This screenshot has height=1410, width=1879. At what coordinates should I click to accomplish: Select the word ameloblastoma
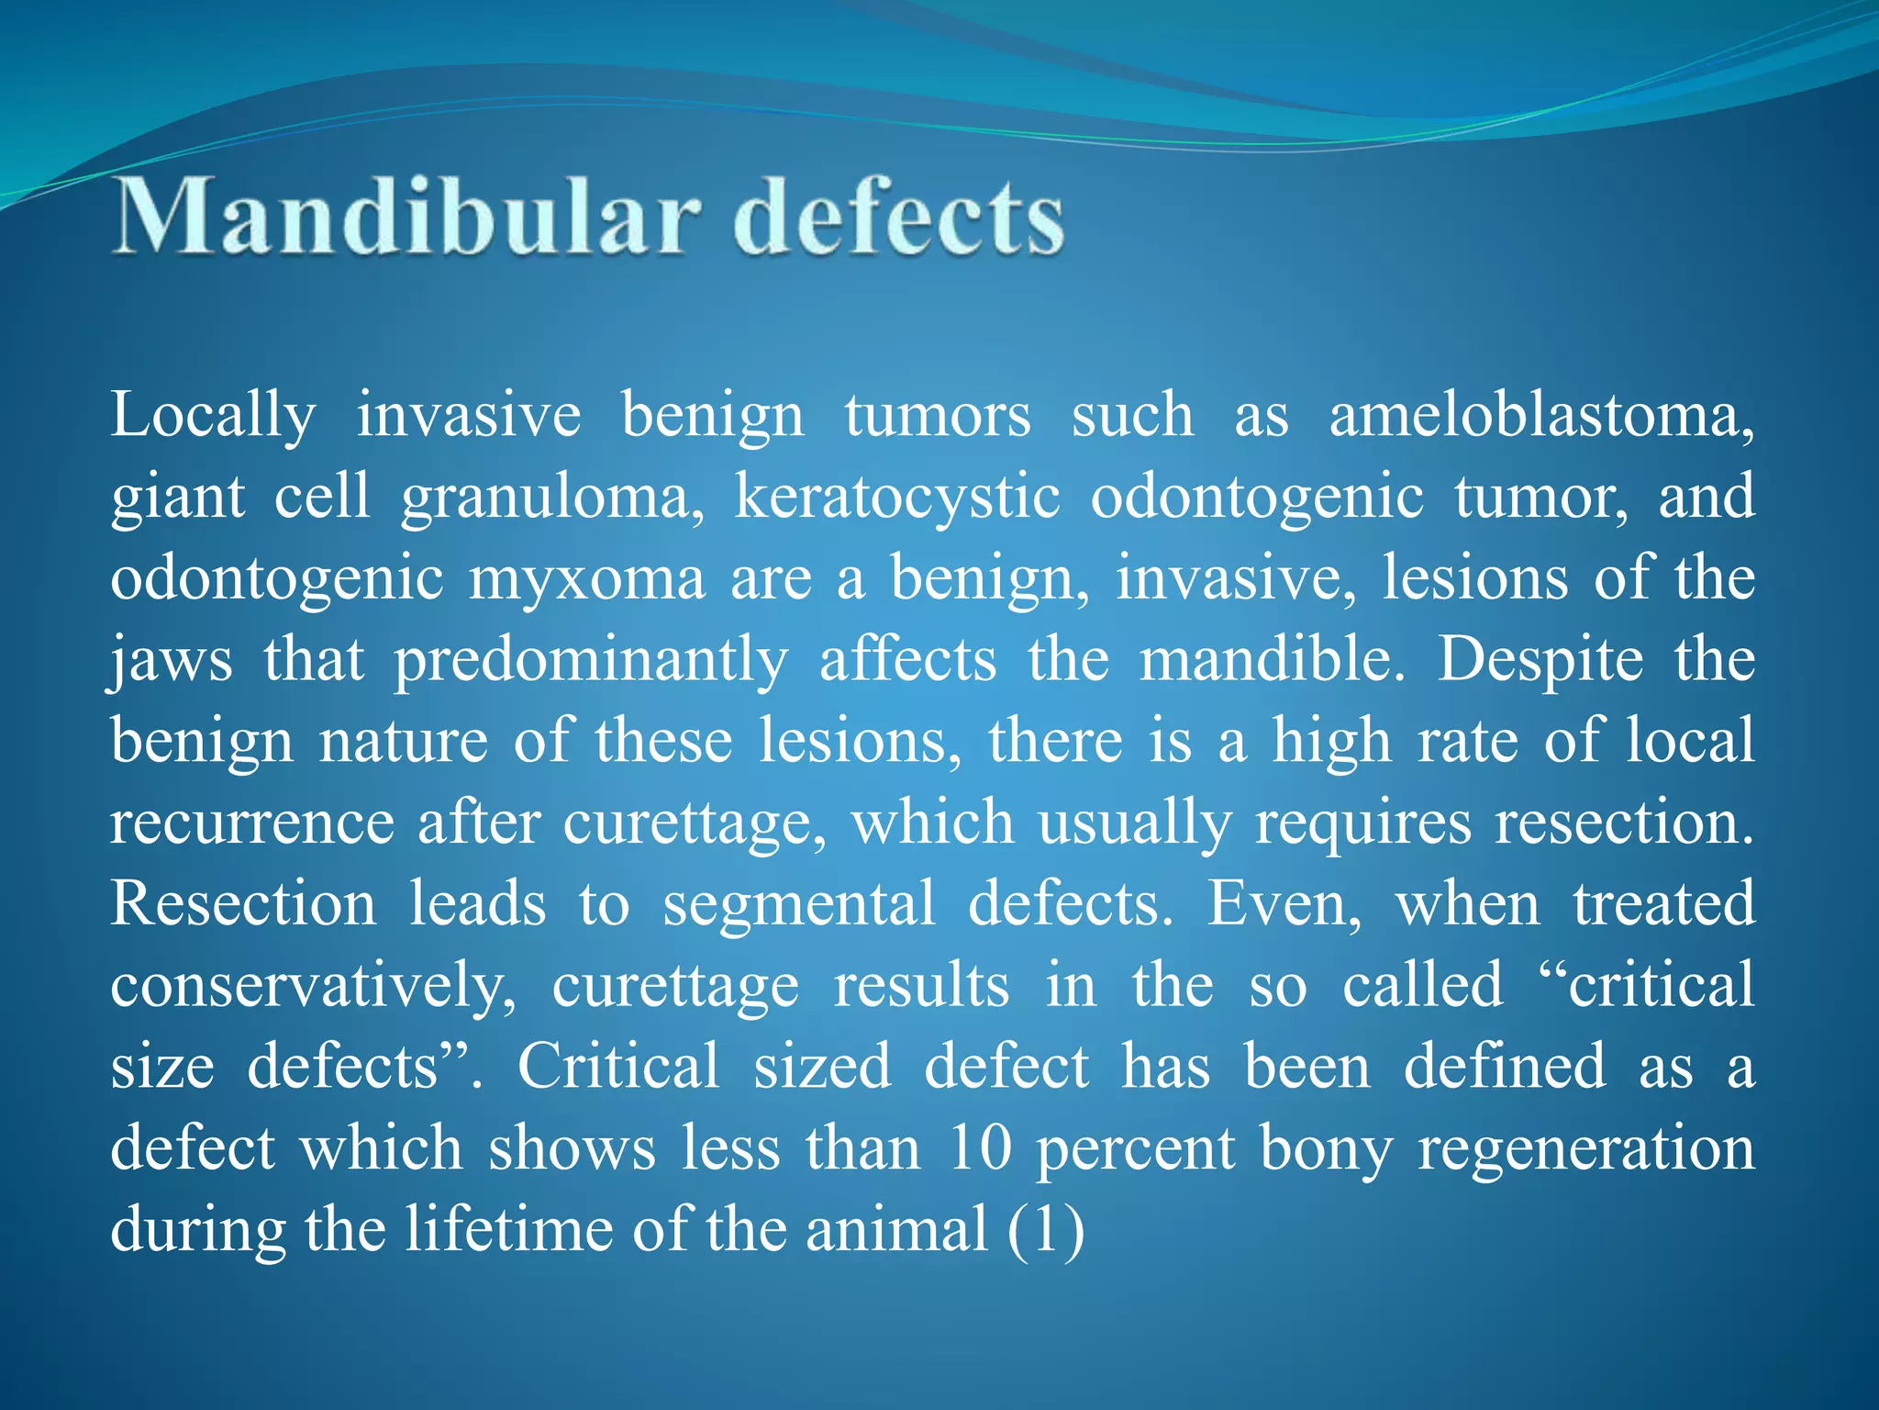pyautogui.click(x=1541, y=415)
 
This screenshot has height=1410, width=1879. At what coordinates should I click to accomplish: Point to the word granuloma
pyautogui.click(x=552, y=498)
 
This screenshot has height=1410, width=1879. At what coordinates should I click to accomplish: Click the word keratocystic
pyautogui.click(x=896, y=498)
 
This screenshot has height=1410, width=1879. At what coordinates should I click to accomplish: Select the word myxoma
pyautogui.click(x=587, y=580)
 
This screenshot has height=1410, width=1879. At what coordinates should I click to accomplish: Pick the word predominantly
pyautogui.click(x=591, y=661)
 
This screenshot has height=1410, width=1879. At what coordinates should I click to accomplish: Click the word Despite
pyautogui.click(x=1540, y=661)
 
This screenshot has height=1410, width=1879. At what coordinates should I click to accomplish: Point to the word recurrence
pyautogui.click(x=252, y=822)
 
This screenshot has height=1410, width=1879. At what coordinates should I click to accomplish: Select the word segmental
pyautogui.click(x=798, y=904)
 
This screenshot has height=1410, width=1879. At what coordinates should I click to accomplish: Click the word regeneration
pyautogui.click(x=1586, y=1149)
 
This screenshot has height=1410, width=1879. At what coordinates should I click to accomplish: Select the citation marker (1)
pyautogui.click(x=1046, y=1230)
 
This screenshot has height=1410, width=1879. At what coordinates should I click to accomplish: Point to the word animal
pyautogui.click(x=896, y=1230)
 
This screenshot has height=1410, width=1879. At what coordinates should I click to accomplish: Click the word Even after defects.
pyautogui.click(x=1283, y=904)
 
